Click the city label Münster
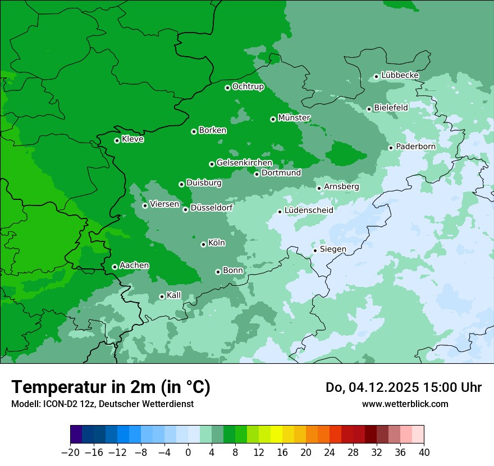tap(294, 118)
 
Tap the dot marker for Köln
tap(203, 244)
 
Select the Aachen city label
tap(134, 266)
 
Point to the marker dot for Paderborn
tap(391, 148)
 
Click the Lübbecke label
tap(400, 75)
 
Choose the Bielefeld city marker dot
tap(369, 109)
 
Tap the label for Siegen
tap(333, 249)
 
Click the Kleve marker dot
tap(117, 140)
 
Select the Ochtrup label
tap(248, 86)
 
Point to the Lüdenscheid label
tap(309, 211)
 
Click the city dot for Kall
tap(162, 296)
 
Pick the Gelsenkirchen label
tap(244, 163)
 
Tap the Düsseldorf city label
tap(211, 208)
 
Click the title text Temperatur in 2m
tap(111, 387)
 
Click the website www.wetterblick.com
tap(405, 404)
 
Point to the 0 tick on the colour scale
tap(188, 453)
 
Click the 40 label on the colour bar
tap(424, 453)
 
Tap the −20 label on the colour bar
tap(70, 453)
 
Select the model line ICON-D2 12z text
tap(102, 404)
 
